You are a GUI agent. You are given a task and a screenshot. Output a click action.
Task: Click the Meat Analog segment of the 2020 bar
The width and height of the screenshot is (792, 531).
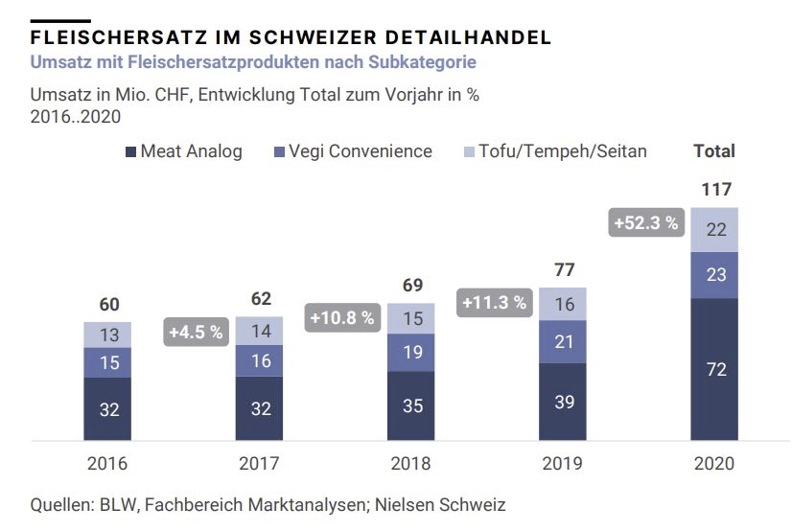point(715,369)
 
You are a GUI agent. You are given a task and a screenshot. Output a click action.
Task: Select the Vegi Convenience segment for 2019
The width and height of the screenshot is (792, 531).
point(564,342)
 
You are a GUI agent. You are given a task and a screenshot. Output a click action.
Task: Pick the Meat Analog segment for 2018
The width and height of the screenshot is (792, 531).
point(411,405)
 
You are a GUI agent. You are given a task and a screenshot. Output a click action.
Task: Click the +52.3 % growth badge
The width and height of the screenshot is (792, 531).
point(645,223)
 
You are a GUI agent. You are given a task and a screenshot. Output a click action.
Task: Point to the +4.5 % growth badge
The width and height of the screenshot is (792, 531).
point(197,333)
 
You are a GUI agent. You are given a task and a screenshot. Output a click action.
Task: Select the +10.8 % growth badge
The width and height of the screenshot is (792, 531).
point(340,318)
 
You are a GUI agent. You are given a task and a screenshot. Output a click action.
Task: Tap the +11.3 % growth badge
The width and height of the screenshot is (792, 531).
point(495,303)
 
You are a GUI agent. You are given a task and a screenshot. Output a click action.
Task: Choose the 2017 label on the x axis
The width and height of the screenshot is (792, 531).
point(259,463)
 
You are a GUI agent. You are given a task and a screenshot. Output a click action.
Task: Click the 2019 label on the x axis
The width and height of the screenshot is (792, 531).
point(564,463)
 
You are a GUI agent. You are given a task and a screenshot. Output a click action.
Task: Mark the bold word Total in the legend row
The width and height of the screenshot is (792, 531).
point(714,151)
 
